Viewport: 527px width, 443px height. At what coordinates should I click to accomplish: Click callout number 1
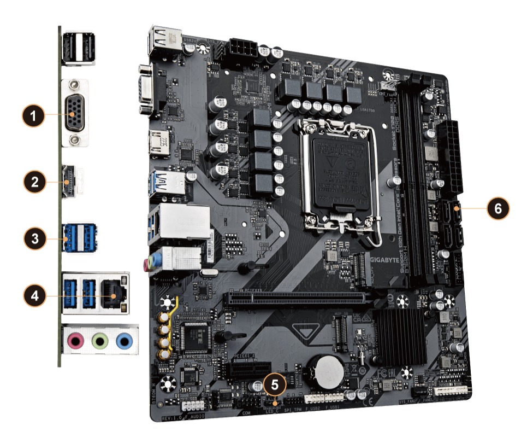tap(34, 115)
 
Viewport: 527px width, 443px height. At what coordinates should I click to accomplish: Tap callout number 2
tap(34, 181)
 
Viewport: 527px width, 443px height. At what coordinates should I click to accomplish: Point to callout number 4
tap(34, 296)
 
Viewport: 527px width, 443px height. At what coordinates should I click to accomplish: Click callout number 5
tap(275, 384)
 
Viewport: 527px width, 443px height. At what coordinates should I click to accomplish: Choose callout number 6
tap(498, 208)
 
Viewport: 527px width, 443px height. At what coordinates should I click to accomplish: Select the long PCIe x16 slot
tap(295, 299)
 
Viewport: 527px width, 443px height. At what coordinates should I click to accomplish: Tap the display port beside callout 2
tap(70, 180)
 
